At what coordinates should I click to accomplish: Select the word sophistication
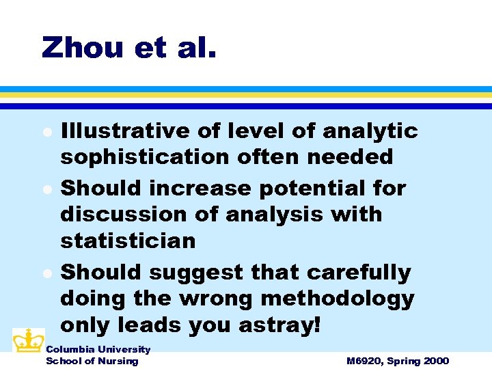pyautogui.click(x=145, y=158)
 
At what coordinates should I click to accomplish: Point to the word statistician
pyautogui.click(x=128, y=241)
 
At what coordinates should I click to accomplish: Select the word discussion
pyautogui.click(x=120, y=215)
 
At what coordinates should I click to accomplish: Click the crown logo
pyautogui.click(x=28, y=340)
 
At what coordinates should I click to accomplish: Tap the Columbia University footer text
pyautogui.click(x=98, y=350)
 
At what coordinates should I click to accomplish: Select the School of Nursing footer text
pyautogui.click(x=92, y=361)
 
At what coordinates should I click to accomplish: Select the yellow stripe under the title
pyautogui.click(x=246, y=96)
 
